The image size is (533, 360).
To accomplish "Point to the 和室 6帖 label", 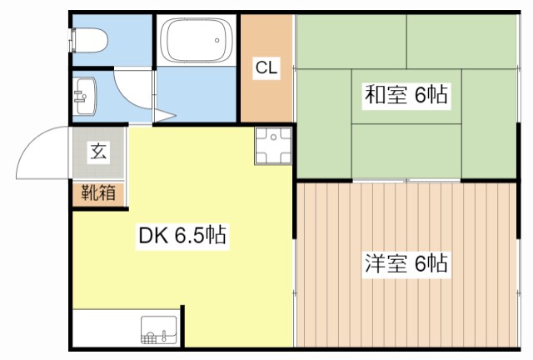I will [406, 94].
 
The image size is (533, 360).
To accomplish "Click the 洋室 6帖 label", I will [406, 264].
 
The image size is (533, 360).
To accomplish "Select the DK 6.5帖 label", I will [182, 236].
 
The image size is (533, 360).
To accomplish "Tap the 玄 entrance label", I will [98, 152].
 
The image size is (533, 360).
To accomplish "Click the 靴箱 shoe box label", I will [97, 193].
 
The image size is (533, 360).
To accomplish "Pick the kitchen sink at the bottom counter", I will [157, 331].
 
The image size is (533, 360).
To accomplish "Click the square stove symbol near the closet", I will [273, 146].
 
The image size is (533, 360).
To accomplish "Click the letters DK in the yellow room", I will [150, 236].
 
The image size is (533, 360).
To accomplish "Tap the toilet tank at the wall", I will [75, 39].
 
